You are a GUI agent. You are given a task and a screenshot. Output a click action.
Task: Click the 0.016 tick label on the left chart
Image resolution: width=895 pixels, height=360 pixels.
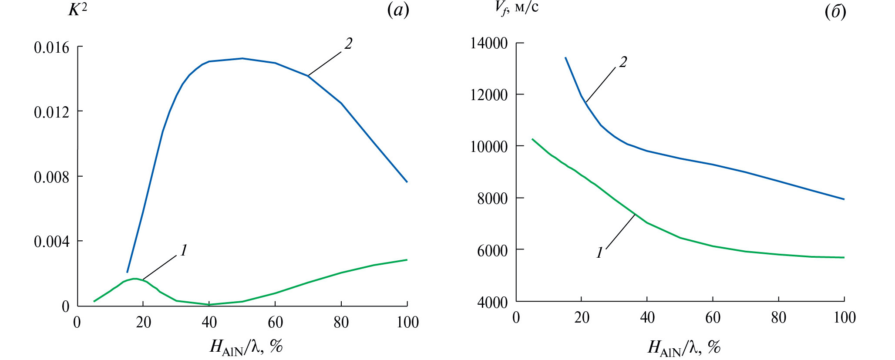point(51,47)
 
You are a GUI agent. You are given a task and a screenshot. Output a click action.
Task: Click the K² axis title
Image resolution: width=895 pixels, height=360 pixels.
point(77,10)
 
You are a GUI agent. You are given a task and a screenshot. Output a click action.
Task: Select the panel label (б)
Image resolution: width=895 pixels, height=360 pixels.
point(835,12)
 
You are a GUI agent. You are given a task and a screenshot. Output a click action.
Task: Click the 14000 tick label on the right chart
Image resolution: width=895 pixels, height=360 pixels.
point(489,44)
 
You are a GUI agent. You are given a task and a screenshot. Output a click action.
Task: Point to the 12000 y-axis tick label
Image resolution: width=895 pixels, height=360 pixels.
point(489,95)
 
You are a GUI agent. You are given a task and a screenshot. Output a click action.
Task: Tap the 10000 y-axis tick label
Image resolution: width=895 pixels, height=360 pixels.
point(489,147)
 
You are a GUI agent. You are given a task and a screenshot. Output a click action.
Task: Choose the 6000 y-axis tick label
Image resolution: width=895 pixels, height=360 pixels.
point(492,250)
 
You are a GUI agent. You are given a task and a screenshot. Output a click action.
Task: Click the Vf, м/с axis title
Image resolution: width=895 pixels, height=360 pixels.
point(516,7)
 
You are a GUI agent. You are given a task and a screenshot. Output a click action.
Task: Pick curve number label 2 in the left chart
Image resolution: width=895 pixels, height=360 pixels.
point(348,44)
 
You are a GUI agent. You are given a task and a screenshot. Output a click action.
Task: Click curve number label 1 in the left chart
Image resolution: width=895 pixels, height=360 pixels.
point(184,250)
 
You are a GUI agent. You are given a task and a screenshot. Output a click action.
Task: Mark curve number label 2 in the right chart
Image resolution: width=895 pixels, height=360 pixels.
point(623,62)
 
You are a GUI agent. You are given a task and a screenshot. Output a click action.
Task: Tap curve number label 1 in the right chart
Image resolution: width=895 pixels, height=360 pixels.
point(599,252)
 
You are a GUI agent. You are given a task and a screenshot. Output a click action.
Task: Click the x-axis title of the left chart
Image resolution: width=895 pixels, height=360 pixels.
point(246,347)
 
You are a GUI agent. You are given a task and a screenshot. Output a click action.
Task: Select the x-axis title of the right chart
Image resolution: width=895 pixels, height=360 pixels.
point(684,347)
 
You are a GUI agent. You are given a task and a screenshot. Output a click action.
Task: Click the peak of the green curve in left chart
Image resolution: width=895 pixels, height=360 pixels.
point(135,279)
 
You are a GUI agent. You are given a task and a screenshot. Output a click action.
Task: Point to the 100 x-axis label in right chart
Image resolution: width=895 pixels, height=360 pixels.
point(844,318)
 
